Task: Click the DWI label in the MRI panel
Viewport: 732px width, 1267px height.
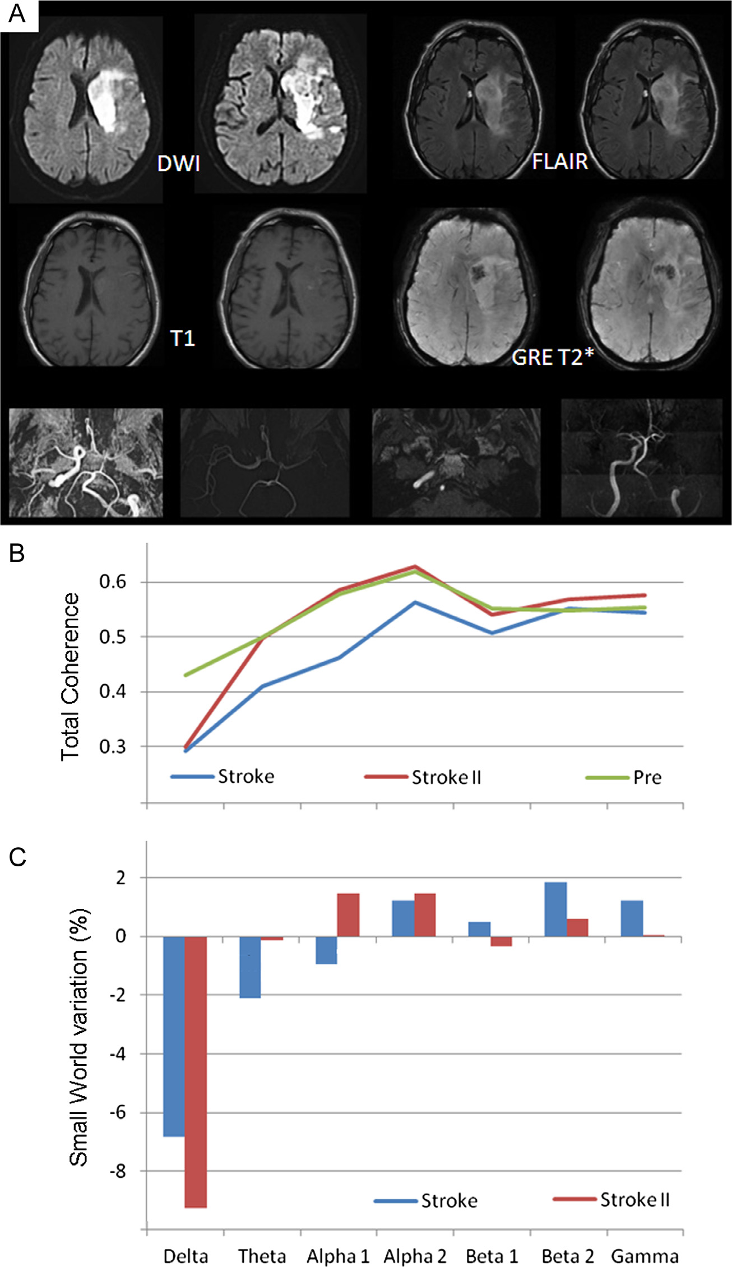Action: [178, 164]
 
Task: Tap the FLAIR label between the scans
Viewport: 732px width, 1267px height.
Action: [559, 162]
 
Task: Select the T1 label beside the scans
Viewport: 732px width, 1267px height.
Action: [182, 338]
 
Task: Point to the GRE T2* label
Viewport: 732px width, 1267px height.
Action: [552, 358]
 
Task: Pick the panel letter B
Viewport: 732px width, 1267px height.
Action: [17, 554]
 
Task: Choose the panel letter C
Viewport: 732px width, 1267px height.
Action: [17, 857]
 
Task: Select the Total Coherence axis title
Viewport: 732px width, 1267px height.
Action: [71, 676]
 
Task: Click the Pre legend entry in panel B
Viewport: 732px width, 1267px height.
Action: [647, 777]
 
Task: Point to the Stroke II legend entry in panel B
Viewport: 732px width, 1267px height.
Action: [446, 777]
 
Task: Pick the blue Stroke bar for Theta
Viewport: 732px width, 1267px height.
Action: [250, 967]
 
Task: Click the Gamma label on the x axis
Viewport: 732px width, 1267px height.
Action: [645, 1256]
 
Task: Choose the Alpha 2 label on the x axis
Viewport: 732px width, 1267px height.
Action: [415, 1256]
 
